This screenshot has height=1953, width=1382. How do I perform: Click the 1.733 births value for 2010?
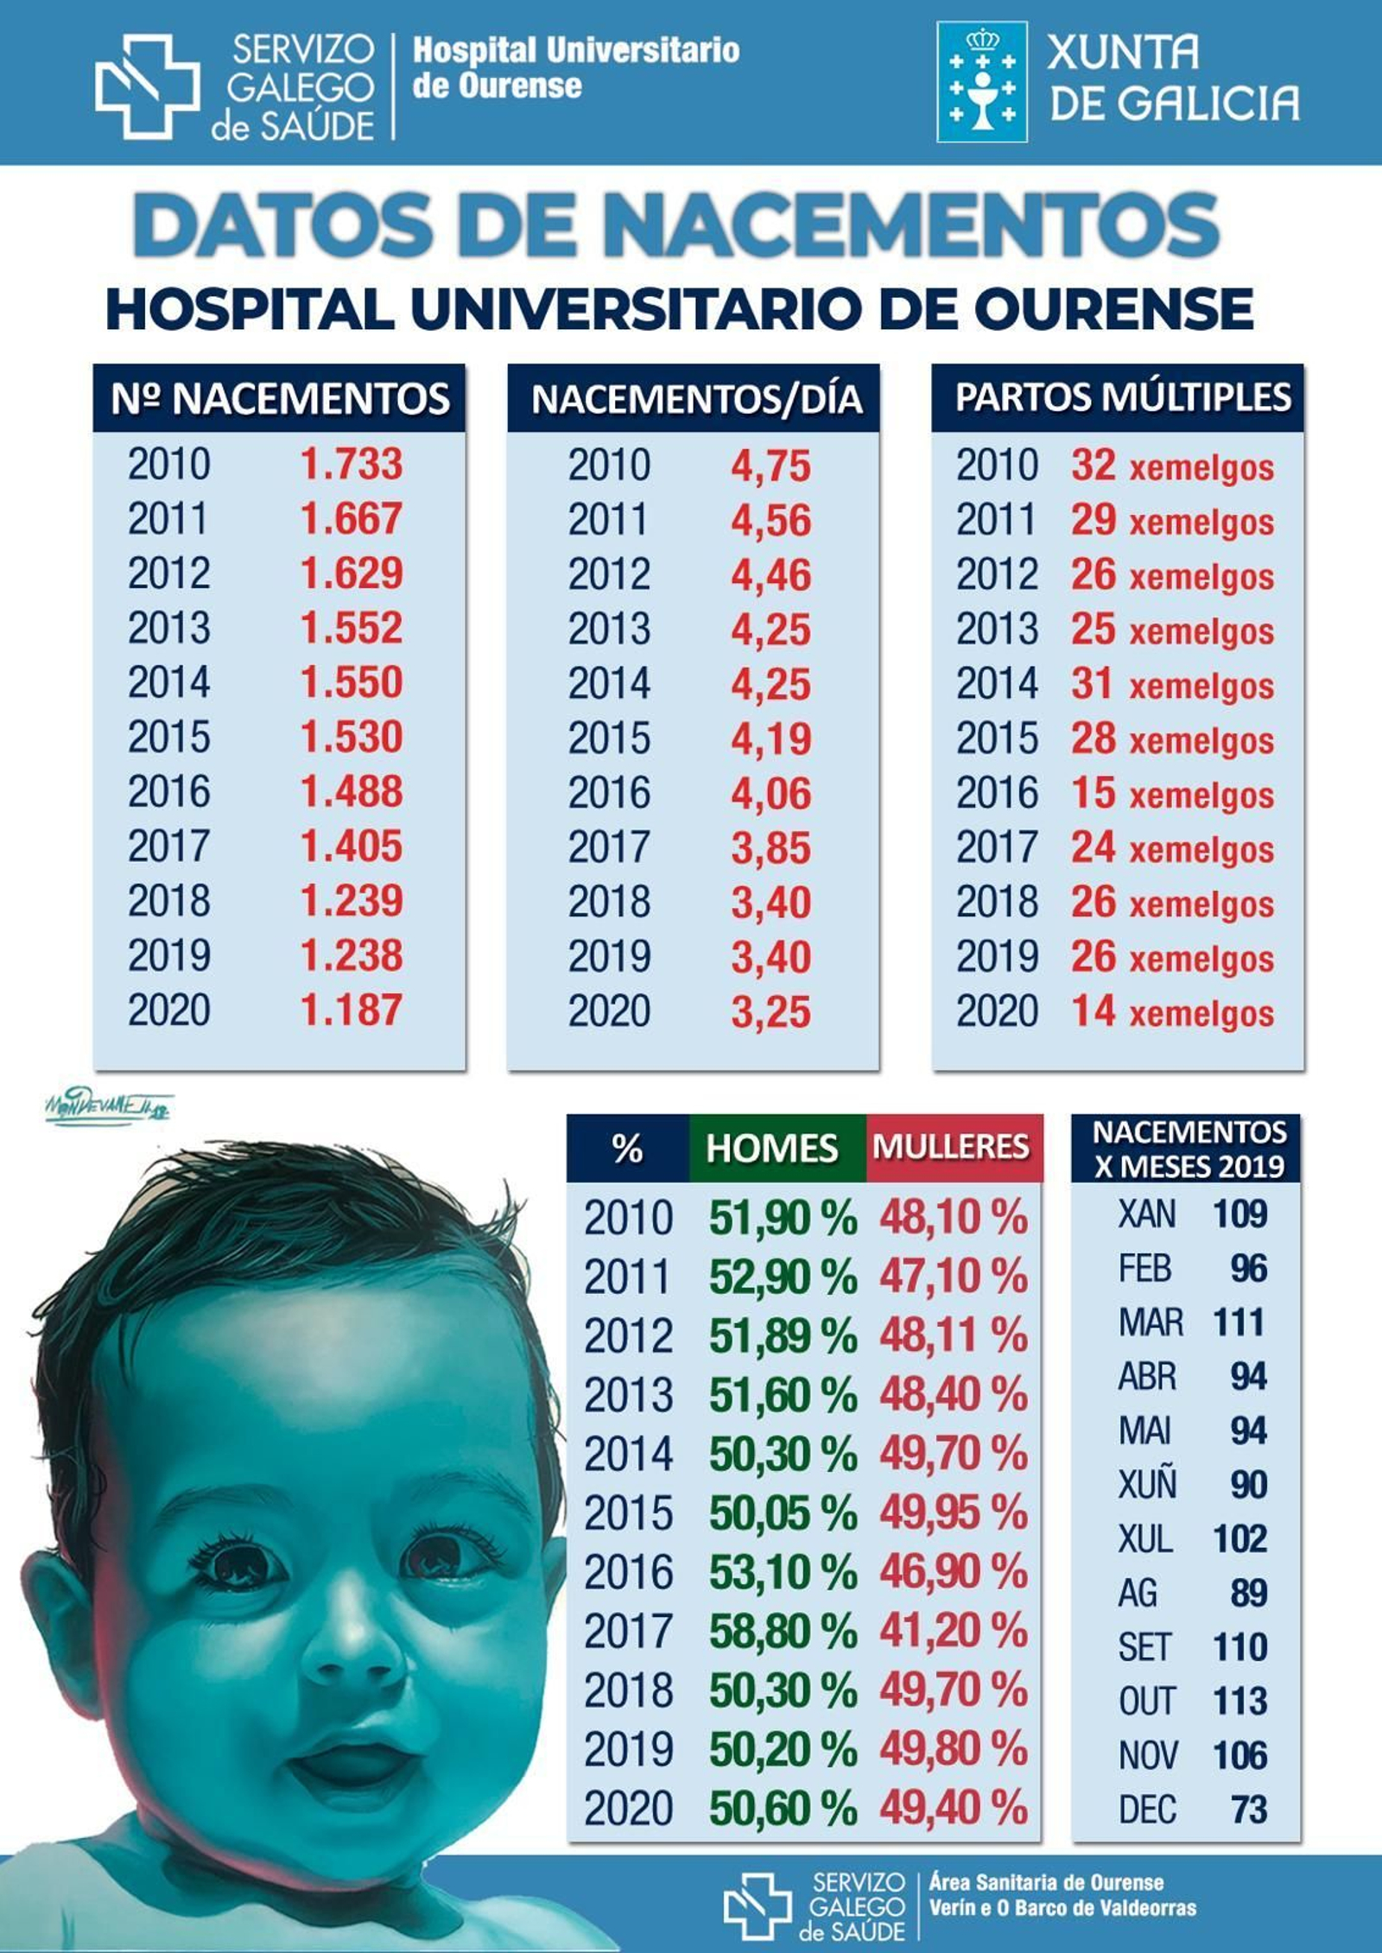[351, 464]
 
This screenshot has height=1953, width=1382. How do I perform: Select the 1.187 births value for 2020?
[351, 1010]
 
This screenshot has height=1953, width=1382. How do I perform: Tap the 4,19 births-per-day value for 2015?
[770, 739]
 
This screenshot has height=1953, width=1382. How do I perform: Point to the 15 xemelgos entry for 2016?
[1172, 794]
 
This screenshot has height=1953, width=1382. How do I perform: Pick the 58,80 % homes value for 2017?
[783, 1631]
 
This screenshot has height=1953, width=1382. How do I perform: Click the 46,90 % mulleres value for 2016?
[954, 1571]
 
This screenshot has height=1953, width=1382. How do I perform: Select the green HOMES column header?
[772, 1149]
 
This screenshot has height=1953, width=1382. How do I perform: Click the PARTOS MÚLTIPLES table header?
[1123, 397]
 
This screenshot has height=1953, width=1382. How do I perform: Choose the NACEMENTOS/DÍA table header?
[696, 399]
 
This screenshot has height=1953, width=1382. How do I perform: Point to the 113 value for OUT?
[1239, 1701]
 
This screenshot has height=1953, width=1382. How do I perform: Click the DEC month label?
[1147, 1809]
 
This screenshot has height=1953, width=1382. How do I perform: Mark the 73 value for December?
[1249, 1809]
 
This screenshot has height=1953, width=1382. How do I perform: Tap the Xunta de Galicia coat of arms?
[982, 82]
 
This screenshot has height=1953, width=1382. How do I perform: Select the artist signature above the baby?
[106, 1107]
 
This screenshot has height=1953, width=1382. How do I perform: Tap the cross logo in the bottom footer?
[756, 1905]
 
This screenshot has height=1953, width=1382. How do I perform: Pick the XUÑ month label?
[1147, 1485]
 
